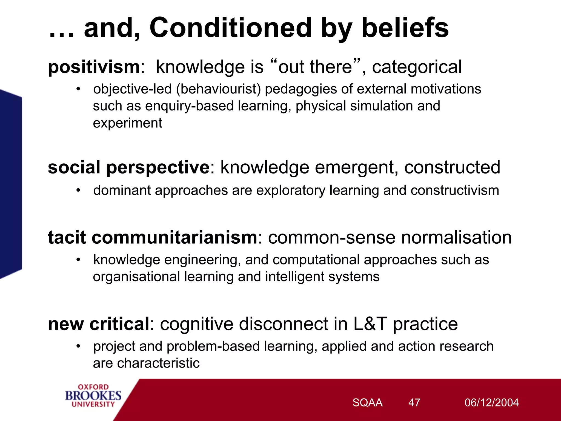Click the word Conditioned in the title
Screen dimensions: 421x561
click(x=230, y=28)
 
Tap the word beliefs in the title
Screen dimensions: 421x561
click(x=405, y=28)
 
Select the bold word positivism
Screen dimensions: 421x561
click(x=94, y=67)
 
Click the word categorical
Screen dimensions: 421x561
click(x=417, y=67)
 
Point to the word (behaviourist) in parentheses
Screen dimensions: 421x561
click(x=218, y=89)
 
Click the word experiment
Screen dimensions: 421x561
click(x=127, y=123)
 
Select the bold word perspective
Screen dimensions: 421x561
click(x=158, y=167)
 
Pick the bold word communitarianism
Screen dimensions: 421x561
click(x=174, y=237)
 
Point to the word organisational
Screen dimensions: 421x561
click(x=136, y=277)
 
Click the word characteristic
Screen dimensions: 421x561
click(x=158, y=363)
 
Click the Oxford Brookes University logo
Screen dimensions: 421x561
click(x=93, y=396)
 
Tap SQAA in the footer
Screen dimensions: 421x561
click(x=367, y=403)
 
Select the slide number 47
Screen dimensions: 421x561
click(x=414, y=403)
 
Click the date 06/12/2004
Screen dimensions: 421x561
click(x=491, y=403)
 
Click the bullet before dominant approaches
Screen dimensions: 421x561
click(x=78, y=190)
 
